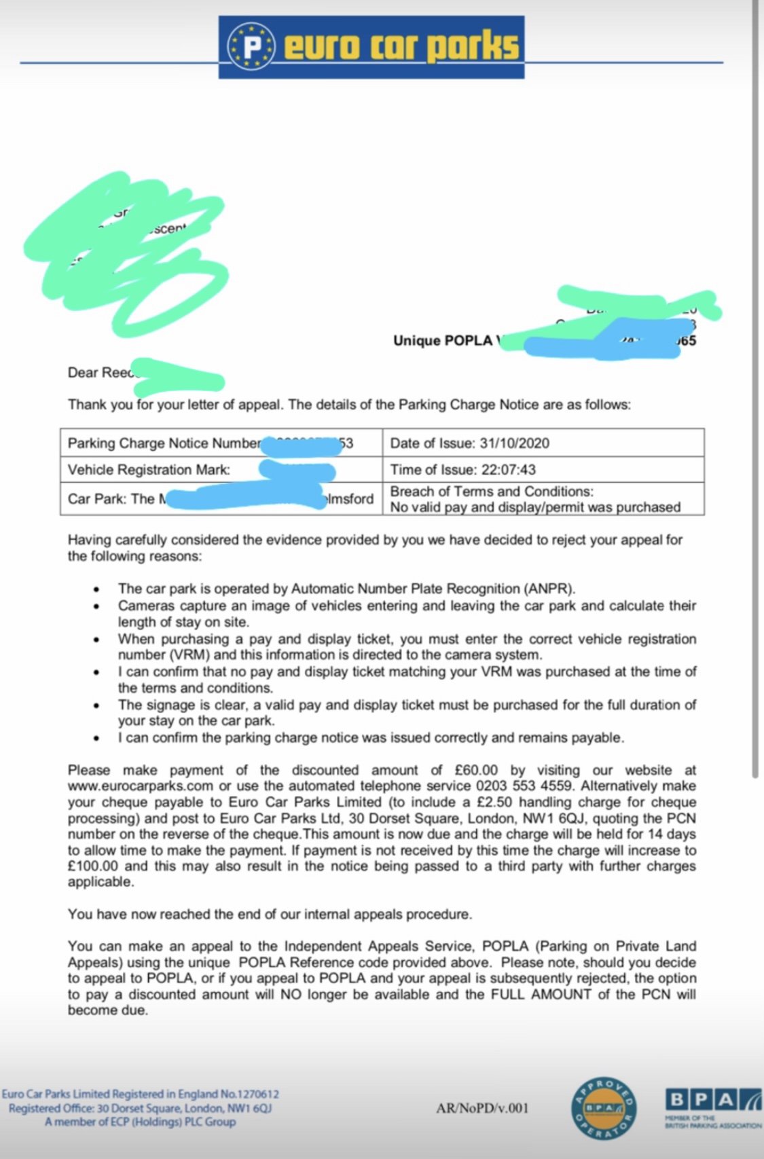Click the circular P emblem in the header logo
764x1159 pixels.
[252, 47]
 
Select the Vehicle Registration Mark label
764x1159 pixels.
[149, 469]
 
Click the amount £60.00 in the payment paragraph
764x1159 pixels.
[476, 770]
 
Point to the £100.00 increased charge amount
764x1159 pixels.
[93, 866]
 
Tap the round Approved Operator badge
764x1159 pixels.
[603, 1108]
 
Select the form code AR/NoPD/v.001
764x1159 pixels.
[481, 1108]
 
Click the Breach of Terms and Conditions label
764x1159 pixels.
[492, 492]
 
